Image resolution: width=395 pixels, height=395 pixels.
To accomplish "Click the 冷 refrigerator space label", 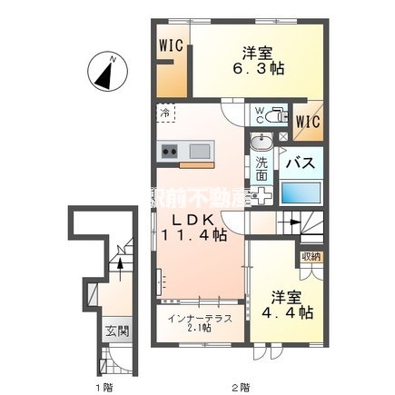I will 165,114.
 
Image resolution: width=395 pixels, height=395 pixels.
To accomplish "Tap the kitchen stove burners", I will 169,151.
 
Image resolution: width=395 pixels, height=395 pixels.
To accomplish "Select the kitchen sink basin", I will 198,151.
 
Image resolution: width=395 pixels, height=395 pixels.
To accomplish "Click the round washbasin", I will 262,142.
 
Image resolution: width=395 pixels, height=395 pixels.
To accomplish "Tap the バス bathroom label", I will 301,163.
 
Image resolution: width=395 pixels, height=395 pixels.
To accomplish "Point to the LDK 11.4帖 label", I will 193,228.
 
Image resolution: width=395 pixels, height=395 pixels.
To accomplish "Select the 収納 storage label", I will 311,257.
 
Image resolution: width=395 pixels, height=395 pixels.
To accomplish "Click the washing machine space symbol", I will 265,196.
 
